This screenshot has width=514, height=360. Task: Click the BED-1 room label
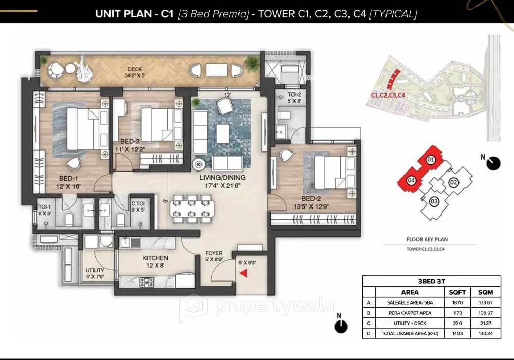click(69, 179)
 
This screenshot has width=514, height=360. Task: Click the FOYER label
click(214, 253)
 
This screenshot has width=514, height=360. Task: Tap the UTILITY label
click(95, 270)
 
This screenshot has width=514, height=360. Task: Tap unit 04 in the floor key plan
click(411, 180)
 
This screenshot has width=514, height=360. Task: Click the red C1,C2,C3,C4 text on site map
click(388, 95)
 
